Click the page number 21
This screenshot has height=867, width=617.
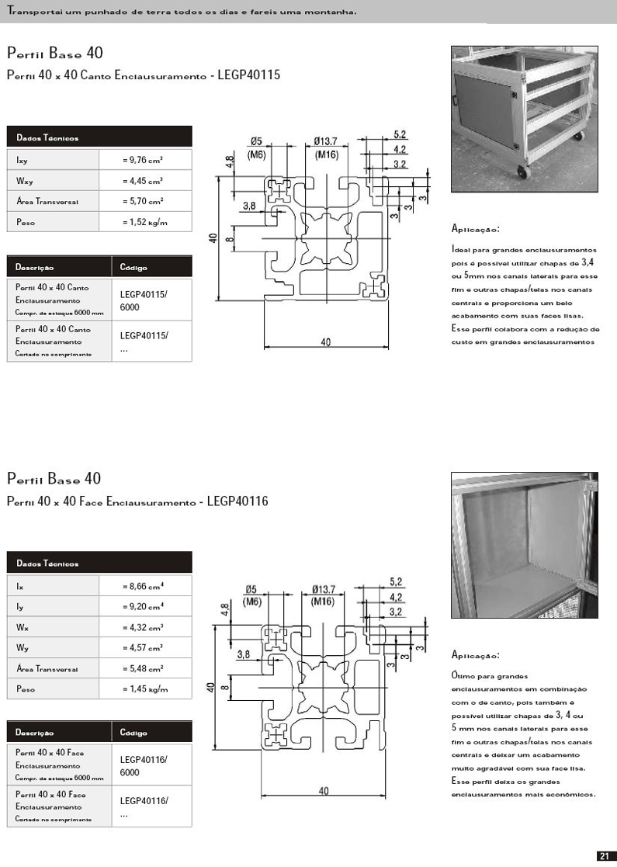pos(605,855)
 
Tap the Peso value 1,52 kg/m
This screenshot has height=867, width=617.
pos(145,222)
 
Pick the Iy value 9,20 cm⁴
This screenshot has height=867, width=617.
pos(144,606)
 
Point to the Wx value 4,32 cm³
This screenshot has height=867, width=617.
pos(144,626)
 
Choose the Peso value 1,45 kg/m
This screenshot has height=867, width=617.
pos(145,688)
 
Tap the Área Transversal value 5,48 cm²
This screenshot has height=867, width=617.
pos(144,668)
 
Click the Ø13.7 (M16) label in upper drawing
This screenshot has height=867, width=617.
pos(326,147)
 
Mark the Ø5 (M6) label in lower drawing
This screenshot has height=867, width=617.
pos(256,595)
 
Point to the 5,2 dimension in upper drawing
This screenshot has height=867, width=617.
pos(400,134)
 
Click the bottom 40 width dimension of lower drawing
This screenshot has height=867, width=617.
pos(324,791)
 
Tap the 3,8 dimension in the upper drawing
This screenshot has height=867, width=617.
pos(249,206)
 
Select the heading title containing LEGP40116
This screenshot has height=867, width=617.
pos(137,502)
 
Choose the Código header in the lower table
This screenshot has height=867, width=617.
pos(133,732)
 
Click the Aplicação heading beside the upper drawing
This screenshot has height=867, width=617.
pos(475,229)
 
